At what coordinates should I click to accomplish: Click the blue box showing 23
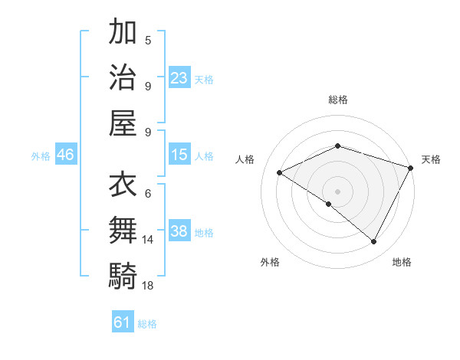(x=179, y=77)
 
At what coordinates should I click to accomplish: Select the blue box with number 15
(x=179, y=155)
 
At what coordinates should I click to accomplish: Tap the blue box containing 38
(x=179, y=231)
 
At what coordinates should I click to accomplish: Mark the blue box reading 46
(x=66, y=155)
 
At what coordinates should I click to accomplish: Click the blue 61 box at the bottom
(x=123, y=322)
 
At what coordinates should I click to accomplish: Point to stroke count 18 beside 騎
(x=148, y=285)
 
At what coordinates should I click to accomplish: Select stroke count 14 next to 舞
(x=148, y=240)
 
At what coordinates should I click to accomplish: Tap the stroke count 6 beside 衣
(x=148, y=195)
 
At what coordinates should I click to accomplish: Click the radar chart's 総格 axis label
(x=338, y=100)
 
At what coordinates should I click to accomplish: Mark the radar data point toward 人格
(x=280, y=172)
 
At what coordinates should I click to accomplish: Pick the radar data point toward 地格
(x=374, y=241)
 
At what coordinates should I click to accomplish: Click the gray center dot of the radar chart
(x=338, y=191)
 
